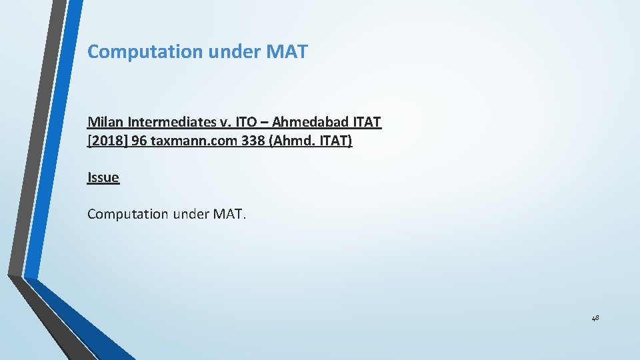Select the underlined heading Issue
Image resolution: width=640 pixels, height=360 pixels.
tap(103, 177)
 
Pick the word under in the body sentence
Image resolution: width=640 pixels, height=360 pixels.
tap(191, 214)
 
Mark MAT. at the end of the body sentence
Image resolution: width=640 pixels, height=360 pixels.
tap(229, 214)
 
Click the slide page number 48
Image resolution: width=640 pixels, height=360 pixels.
tap(595, 319)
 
